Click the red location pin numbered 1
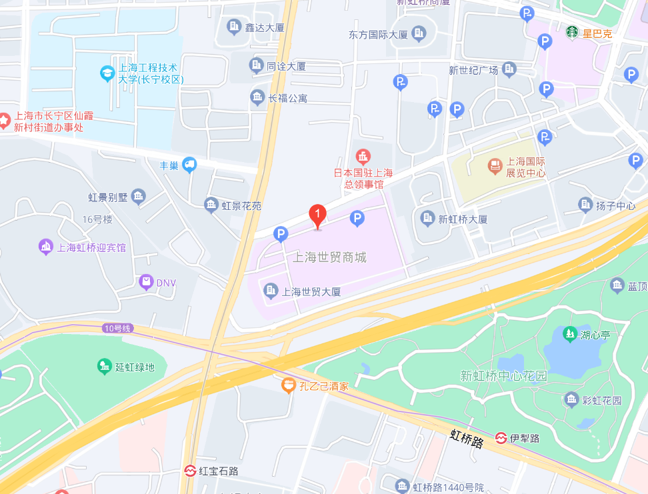[318, 215]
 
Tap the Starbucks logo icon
[572, 32]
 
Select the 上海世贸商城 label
[329, 257]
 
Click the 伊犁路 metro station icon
[501, 438]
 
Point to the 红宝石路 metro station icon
[190, 471]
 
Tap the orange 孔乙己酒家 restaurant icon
[288, 385]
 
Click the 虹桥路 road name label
[466, 438]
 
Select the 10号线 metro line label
[119, 328]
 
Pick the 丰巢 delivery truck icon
[190, 164]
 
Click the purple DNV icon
[145, 283]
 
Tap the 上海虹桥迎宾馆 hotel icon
[46, 247]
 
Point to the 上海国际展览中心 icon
[495, 166]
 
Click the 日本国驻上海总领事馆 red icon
[363, 157]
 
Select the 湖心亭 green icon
[569, 333]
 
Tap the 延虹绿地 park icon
[104, 367]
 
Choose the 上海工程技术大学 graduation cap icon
[107, 73]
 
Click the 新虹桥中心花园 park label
[503, 376]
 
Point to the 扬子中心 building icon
[585, 205]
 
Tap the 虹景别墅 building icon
[138, 196]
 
